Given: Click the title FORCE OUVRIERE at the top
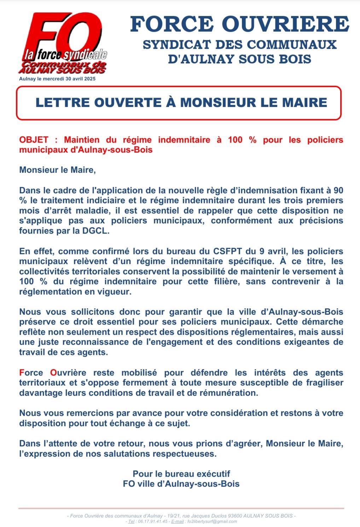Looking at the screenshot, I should (240, 24).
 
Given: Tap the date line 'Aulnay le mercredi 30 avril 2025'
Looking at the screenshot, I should (57, 79).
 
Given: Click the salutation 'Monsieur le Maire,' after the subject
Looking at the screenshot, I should (58, 170).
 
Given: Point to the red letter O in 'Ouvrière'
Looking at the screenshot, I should (53, 373).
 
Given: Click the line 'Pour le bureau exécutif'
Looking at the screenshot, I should (181, 474).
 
